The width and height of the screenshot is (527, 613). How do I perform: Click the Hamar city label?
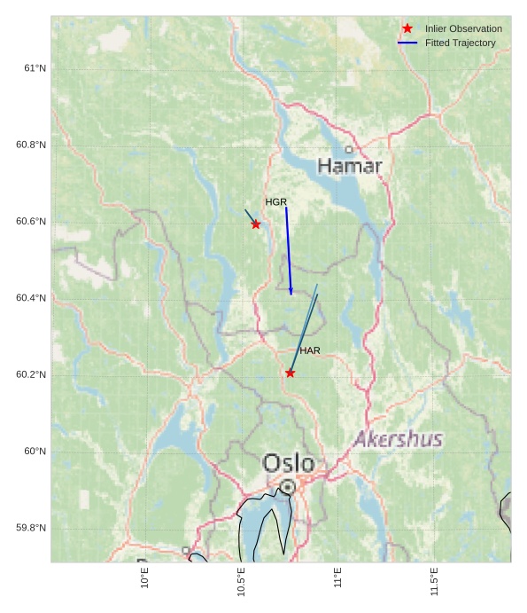click(x=350, y=166)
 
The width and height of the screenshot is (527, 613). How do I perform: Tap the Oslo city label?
click(x=288, y=463)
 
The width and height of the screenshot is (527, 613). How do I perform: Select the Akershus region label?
click(x=399, y=439)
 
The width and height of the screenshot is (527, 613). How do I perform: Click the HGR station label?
click(x=275, y=202)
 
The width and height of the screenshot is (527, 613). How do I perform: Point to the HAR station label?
click(x=309, y=350)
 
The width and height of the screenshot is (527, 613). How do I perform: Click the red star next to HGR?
click(x=256, y=224)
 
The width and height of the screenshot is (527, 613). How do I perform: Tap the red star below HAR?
click(x=290, y=373)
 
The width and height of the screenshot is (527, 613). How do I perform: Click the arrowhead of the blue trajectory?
click(x=291, y=292)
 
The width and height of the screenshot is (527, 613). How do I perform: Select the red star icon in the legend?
click(x=407, y=28)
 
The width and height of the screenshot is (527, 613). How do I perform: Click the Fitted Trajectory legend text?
click(x=460, y=43)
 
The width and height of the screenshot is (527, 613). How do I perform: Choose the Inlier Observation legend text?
click(x=462, y=28)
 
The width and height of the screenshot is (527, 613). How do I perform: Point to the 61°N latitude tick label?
click(x=35, y=68)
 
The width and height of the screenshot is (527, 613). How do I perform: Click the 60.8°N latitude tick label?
click(x=31, y=145)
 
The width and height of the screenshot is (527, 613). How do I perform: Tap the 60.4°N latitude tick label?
click(x=31, y=298)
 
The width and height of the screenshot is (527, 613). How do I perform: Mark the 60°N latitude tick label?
click(x=35, y=452)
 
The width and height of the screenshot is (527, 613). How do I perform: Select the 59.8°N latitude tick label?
click(x=31, y=528)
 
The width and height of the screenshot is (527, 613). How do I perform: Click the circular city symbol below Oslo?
click(x=288, y=486)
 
